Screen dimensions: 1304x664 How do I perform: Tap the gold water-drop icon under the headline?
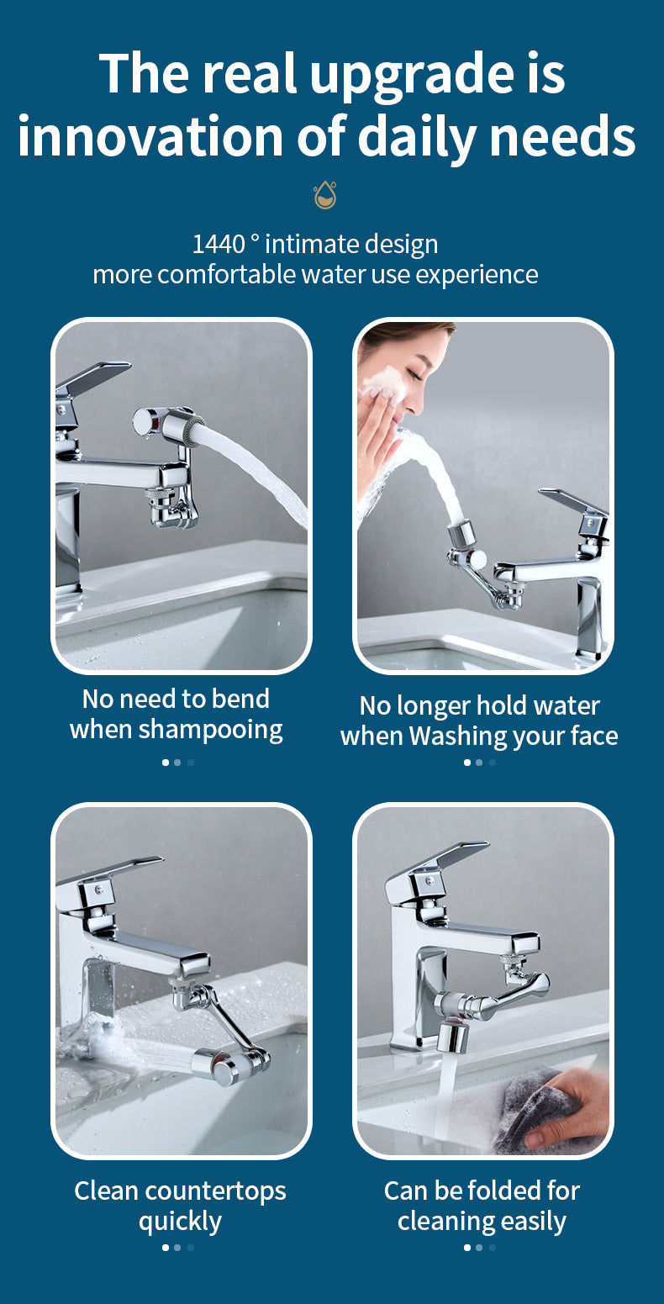tap(324, 195)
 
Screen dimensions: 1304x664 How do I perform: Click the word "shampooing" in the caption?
tap(210, 730)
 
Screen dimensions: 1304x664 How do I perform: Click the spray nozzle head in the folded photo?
tap(452, 1036)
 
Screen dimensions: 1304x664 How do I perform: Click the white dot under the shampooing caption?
tap(166, 763)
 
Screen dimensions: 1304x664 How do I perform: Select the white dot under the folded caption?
tap(466, 1248)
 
